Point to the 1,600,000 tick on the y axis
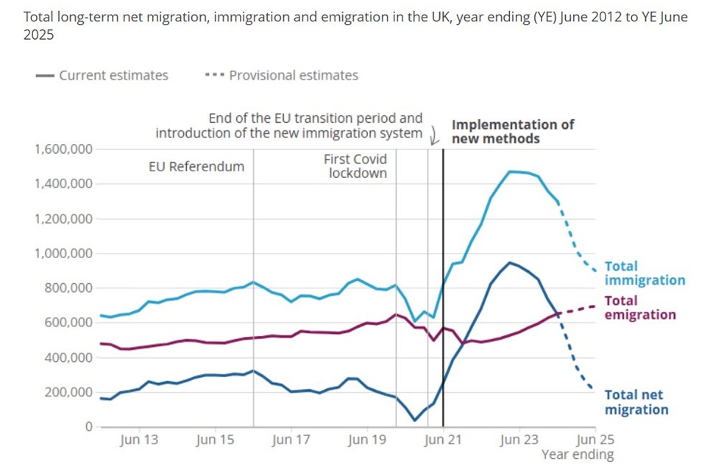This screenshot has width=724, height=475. (63, 149)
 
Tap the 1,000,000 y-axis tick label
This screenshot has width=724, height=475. (63, 254)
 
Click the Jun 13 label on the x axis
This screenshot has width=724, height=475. (139, 440)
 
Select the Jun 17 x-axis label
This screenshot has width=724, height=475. (291, 440)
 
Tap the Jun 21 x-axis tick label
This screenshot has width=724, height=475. (443, 440)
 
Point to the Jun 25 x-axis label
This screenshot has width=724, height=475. (595, 440)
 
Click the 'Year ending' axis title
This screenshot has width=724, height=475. (578, 454)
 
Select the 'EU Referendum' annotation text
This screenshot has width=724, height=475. (196, 167)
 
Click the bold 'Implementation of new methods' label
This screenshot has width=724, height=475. (513, 132)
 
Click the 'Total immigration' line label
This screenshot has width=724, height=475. (644, 274)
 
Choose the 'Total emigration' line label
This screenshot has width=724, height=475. (639, 308)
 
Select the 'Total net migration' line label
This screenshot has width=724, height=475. (636, 402)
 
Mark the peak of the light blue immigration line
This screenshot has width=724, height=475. (510, 171)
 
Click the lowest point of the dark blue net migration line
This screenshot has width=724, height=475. (415, 421)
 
